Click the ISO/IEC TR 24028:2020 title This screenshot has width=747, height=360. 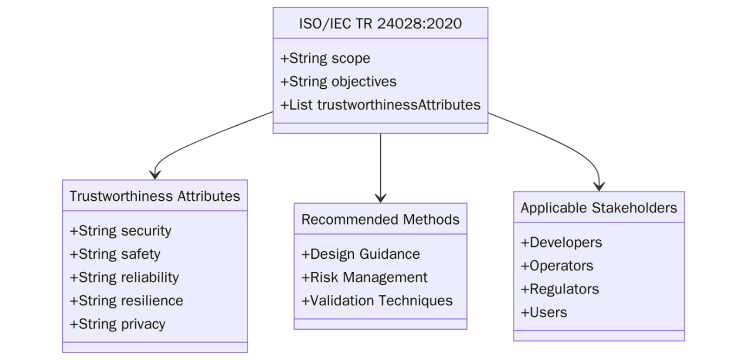[x=380, y=23]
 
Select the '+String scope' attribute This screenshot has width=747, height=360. [x=325, y=58]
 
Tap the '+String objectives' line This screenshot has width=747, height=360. [x=338, y=82]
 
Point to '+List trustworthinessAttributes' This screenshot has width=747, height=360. [x=380, y=105]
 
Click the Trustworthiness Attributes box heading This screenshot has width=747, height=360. [x=154, y=196]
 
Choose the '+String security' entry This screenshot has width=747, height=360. [x=120, y=231]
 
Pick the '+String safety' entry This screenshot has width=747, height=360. [x=115, y=254]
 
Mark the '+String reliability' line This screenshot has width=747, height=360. [x=124, y=277]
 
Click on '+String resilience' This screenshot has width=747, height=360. [x=126, y=300]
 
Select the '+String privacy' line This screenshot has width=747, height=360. [x=118, y=324]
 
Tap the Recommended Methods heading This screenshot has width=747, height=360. [x=380, y=219]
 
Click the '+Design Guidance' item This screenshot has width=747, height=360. [x=360, y=254]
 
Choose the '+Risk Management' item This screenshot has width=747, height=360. [x=364, y=277]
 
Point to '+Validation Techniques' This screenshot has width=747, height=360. [x=376, y=300]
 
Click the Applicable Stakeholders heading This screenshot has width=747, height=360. [x=599, y=208]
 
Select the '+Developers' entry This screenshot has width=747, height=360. [x=561, y=243]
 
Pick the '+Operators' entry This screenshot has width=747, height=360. [x=557, y=266]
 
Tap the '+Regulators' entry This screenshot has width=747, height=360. [x=560, y=289]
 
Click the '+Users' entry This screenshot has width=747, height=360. [x=544, y=312]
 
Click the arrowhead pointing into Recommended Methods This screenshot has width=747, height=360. [x=380, y=198]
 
